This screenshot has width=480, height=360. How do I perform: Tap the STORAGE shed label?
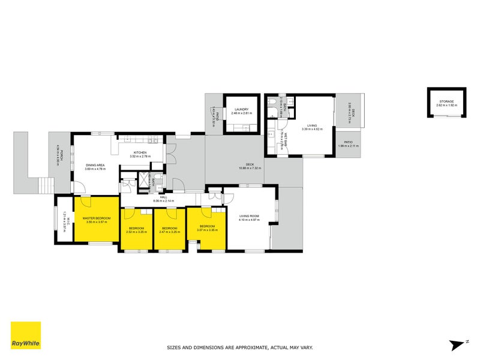pos(446,101)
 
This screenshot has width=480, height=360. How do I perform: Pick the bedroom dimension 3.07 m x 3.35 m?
pos(206,230)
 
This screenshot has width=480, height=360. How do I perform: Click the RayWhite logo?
pos(26,335)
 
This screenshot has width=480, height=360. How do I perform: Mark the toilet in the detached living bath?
pos(273,103)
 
